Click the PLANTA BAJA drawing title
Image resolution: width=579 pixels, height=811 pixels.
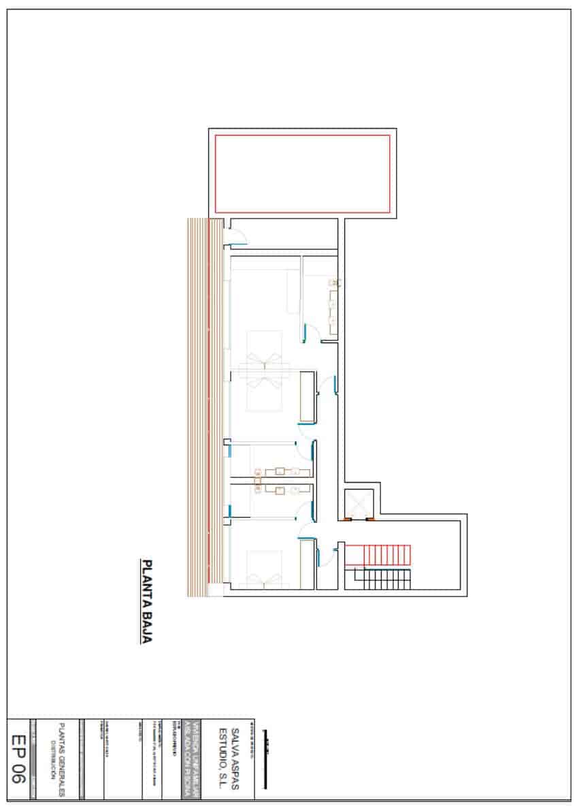(x=146, y=601)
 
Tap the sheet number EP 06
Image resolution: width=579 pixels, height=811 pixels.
(x=18, y=758)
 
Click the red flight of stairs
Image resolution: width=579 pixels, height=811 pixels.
(x=378, y=554)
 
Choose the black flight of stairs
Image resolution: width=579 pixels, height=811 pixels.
(x=378, y=579)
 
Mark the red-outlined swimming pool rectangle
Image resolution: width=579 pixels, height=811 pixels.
(x=302, y=174)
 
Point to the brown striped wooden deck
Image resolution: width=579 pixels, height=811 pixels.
(x=197, y=407)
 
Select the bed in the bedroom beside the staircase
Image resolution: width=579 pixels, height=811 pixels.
(x=264, y=569)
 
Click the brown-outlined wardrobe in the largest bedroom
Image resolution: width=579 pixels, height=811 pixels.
(x=308, y=397)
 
